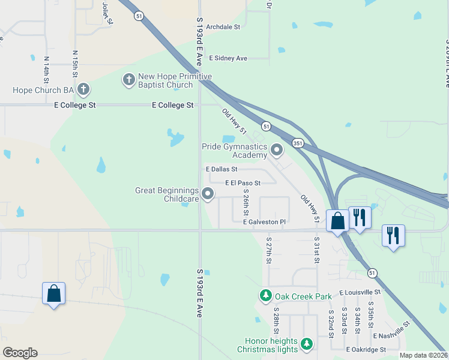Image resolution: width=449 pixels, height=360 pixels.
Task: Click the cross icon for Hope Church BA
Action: pyautogui.click(x=83, y=90)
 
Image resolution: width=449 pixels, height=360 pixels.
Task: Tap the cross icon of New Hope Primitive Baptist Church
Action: pyautogui.click(x=128, y=79)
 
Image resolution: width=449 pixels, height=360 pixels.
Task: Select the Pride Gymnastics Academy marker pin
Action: pyautogui.click(x=277, y=148)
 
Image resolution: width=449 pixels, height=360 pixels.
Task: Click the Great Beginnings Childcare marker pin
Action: pyautogui.click(x=208, y=193)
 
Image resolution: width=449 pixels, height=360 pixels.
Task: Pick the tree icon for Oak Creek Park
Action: pyautogui.click(x=265, y=296)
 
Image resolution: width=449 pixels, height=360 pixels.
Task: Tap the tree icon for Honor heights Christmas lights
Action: pyautogui.click(x=307, y=344)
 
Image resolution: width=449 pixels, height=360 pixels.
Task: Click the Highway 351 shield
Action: pyautogui.click(x=297, y=143)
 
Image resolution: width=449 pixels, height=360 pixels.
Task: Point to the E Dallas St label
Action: pyautogui.click(x=221, y=170)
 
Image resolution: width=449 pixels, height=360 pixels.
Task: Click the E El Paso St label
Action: pyautogui.click(x=243, y=183)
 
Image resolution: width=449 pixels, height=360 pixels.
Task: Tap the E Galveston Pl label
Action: pyautogui.click(x=264, y=222)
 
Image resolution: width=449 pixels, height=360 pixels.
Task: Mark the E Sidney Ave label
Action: pyautogui.click(x=228, y=58)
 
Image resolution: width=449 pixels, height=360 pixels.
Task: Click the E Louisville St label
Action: pyautogui.click(x=360, y=292)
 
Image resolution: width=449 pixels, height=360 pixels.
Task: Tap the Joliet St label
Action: pyautogui.click(x=107, y=13)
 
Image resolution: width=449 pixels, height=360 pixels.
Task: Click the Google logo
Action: pyautogui.click(x=20, y=353)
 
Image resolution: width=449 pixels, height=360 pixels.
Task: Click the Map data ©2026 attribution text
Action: pyautogui.click(x=423, y=355)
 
